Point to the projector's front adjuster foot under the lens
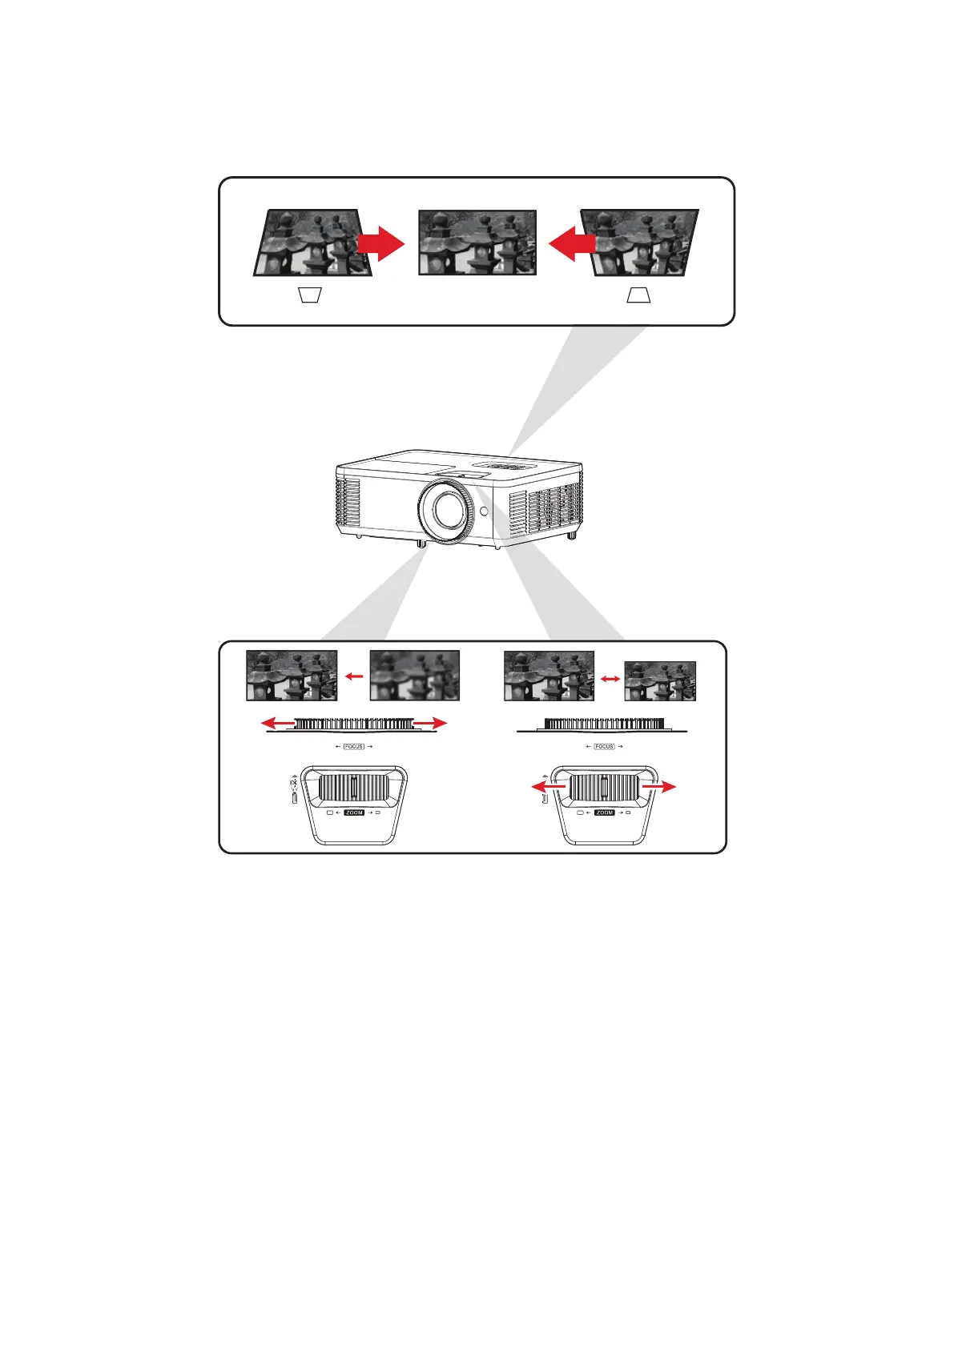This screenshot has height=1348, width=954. pos(421,544)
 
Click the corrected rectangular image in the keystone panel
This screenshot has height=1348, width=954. pos(477,243)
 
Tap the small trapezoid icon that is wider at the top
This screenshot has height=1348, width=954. pos(310,295)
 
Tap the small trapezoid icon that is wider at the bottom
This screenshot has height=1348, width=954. pos(638,295)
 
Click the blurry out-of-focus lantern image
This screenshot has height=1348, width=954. pos(415,676)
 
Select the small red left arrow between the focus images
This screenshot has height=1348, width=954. pos(354,676)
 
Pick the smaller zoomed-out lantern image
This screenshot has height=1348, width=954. pos(660,681)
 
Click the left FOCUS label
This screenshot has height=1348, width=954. pos(353,746)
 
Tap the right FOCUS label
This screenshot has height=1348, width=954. pos(604,746)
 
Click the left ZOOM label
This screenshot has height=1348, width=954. pos(354,812)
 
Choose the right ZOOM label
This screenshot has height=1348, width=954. pos(605,812)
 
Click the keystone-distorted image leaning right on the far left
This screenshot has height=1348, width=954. pos(312,243)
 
